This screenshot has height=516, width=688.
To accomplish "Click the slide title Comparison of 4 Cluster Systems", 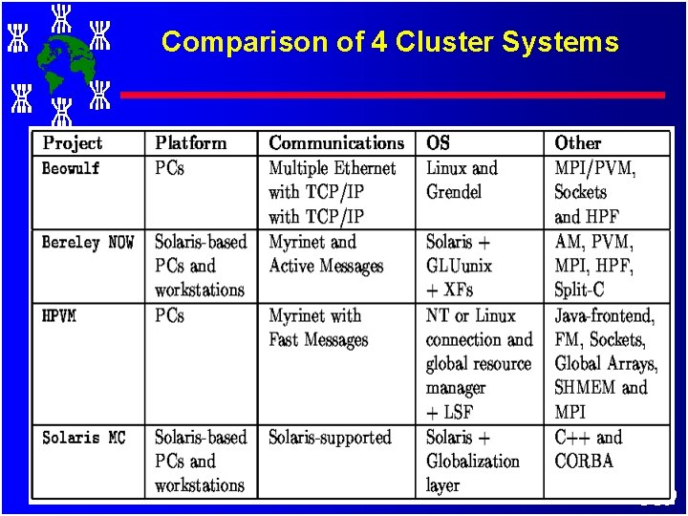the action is click(390, 42).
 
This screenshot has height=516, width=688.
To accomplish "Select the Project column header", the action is click(73, 143).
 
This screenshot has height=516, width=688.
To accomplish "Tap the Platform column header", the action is click(191, 143).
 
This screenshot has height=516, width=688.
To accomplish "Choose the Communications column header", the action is click(336, 143).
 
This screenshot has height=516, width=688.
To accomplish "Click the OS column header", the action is click(438, 143).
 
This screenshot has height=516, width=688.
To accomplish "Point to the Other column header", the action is click(577, 143).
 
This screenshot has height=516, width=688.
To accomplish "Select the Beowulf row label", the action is click(71, 169).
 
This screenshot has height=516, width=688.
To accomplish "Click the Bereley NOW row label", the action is click(88, 243).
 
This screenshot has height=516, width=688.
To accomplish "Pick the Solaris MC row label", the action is click(84, 438).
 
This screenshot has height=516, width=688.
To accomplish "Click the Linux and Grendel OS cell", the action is click(462, 180).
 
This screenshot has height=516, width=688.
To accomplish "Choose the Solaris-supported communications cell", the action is click(330, 438).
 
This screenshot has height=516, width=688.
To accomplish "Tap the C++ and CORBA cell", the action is click(587, 449).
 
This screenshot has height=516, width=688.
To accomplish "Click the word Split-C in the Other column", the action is click(579, 290).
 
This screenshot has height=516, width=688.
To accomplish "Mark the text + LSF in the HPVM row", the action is click(449, 412).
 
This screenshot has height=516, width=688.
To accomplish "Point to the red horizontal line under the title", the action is click(392, 95).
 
